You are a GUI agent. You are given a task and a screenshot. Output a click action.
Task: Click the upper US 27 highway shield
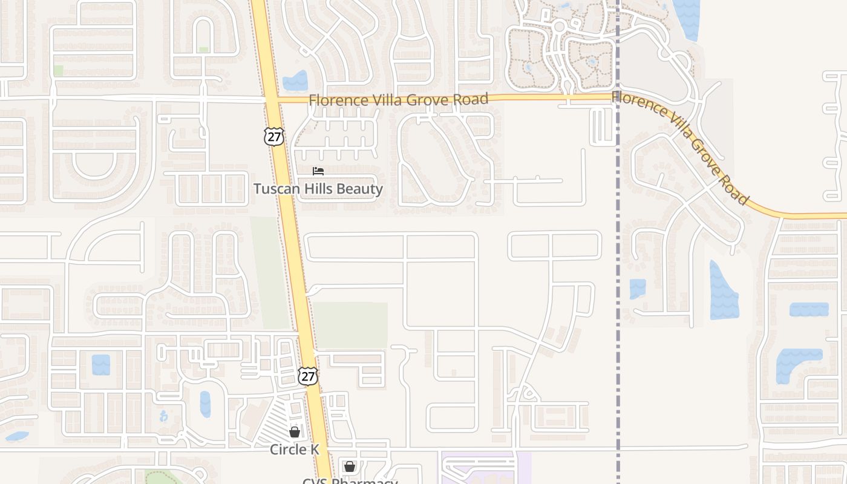(274, 137)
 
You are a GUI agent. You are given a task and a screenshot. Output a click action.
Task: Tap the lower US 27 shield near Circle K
(308, 376)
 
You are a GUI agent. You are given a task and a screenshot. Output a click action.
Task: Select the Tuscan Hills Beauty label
(318, 189)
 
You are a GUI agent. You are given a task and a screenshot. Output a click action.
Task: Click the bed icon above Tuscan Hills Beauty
(318, 171)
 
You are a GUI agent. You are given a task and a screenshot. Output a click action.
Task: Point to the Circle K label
(295, 450)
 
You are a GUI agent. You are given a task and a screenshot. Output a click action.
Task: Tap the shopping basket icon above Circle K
(295, 432)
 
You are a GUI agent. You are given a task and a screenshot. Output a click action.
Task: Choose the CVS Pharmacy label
(350, 481)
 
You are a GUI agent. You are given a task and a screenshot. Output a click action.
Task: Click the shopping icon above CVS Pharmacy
(350, 466)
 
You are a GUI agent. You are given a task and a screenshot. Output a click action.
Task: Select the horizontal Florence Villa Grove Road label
(398, 99)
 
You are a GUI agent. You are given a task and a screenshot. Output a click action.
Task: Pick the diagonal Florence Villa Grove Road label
(681, 147)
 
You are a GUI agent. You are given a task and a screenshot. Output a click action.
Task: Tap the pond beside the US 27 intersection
(295, 80)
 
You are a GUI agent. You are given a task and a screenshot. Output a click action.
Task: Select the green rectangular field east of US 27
(350, 325)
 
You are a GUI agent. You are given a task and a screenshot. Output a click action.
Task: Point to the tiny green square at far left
(58, 70)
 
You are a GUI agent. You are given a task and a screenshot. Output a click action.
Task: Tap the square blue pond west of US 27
(101, 365)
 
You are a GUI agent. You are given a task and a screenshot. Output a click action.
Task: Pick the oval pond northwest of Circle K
(205, 404)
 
